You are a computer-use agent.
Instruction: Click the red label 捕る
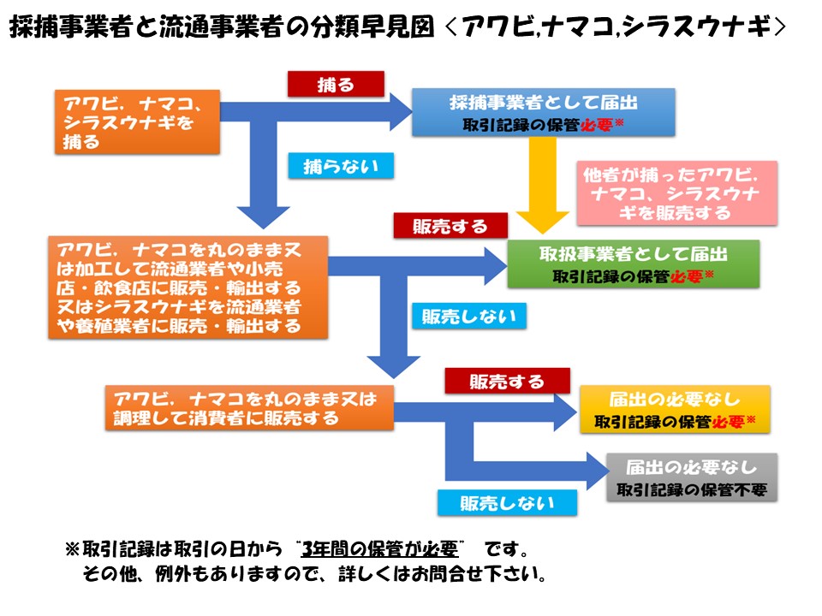(336, 83)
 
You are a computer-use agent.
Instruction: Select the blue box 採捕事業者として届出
(544, 112)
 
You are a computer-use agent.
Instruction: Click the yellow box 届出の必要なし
(675, 410)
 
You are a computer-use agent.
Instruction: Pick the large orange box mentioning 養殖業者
(186, 287)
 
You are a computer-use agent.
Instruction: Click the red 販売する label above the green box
(450, 226)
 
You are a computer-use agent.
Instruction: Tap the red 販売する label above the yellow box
(507, 382)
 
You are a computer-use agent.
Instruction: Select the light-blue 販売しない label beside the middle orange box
(469, 316)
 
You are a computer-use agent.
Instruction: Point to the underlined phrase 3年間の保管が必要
(389, 546)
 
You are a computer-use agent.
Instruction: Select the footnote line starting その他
(314, 572)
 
